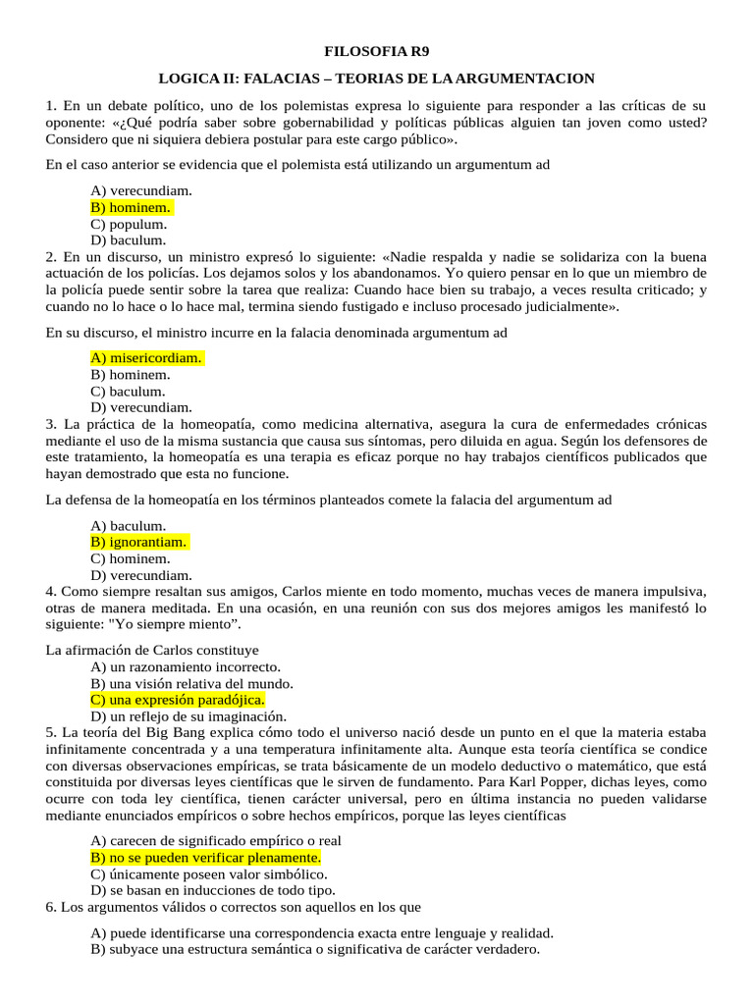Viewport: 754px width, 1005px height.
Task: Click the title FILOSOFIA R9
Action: pos(377,51)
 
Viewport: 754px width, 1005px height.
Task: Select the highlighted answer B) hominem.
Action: pos(131,207)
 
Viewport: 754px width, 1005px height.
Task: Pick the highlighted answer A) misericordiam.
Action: pos(146,358)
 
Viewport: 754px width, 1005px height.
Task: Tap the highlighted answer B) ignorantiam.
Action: pos(138,543)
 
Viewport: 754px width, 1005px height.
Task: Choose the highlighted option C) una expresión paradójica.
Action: pos(177,700)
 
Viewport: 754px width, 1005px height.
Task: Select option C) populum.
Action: pos(129,224)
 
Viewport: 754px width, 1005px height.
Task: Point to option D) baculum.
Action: pos(129,239)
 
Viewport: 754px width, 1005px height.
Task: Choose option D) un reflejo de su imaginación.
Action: pos(188,716)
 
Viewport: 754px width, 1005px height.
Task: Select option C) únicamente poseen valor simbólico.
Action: pos(209,873)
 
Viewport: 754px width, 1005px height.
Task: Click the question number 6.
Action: pos(51,907)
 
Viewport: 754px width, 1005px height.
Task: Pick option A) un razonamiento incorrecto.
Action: pos(185,666)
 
